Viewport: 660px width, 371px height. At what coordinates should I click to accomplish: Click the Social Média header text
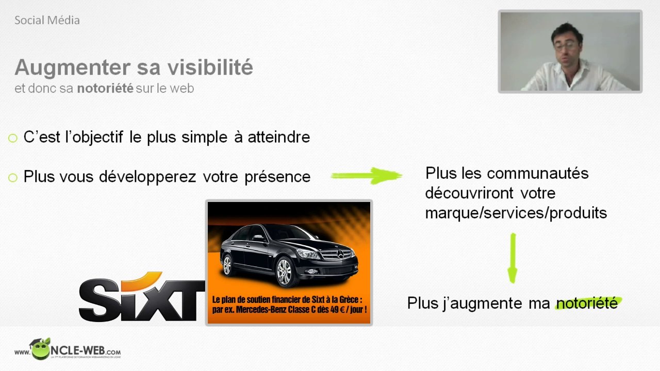(x=47, y=21)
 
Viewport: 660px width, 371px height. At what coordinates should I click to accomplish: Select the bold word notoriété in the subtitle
(x=105, y=89)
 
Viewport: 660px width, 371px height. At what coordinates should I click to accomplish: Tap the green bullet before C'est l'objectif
(x=13, y=138)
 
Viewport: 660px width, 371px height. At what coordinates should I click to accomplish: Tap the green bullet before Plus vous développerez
(x=13, y=178)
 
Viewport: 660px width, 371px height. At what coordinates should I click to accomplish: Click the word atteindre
(x=278, y=137)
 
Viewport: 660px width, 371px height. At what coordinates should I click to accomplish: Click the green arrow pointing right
(x=366, y=176)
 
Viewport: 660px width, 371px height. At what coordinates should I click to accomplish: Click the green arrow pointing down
(x=512, y=258)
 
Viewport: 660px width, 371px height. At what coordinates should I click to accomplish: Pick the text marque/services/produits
(x=516, y=213)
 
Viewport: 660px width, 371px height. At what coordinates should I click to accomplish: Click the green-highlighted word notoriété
(x=587, y=303)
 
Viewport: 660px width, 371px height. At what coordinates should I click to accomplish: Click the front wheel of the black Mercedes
(x=284, y=272)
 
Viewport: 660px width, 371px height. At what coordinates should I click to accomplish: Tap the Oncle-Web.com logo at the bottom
(x=68, y=350)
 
